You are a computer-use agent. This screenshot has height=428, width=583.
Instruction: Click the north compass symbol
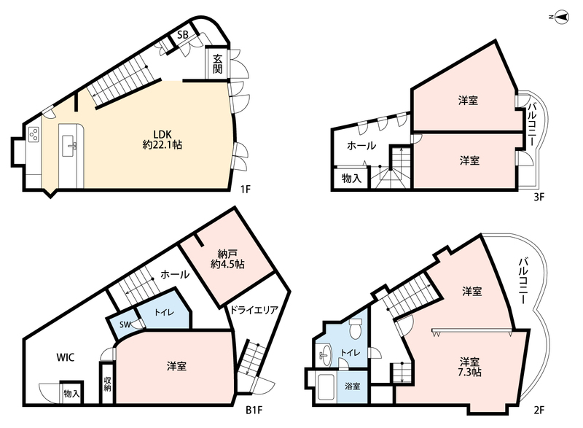click(x=560, y=17)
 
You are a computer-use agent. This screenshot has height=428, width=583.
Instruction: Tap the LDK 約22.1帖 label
click(x=162, y=139)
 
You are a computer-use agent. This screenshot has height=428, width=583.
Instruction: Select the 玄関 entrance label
click(x=217, y=63)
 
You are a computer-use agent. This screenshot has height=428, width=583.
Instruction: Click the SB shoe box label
click(x=183, y=35)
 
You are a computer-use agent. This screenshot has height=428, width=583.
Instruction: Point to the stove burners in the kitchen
click(x=34, y=135)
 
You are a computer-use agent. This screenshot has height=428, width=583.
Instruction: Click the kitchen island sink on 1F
click(x=69, y=146)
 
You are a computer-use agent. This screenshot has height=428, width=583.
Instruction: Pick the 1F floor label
click(x=246, y=189)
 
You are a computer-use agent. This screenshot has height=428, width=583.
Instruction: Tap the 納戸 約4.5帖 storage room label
click(x=227, y=259)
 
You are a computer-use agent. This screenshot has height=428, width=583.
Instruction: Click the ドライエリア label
click(x=254, y=309)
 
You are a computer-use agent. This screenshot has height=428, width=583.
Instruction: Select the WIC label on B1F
click(x=66, y=357)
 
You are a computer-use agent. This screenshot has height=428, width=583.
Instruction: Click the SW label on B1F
click(x=125, y=324)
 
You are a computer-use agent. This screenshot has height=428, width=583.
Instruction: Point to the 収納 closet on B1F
click(x=107, y=383)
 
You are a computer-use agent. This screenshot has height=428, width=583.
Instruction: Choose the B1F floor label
click(x=254, y=411)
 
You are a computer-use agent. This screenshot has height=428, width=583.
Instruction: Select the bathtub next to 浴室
click(x=326, y=386)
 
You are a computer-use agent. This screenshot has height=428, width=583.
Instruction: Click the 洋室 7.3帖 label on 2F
click(x=469, y=367)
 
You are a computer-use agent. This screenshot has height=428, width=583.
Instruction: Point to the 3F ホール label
click(x=361, y=146)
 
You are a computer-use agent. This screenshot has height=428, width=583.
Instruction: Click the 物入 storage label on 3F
click(x=351, y=179)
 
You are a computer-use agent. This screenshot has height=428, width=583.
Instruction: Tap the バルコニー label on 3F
click(x=531, y=124)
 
